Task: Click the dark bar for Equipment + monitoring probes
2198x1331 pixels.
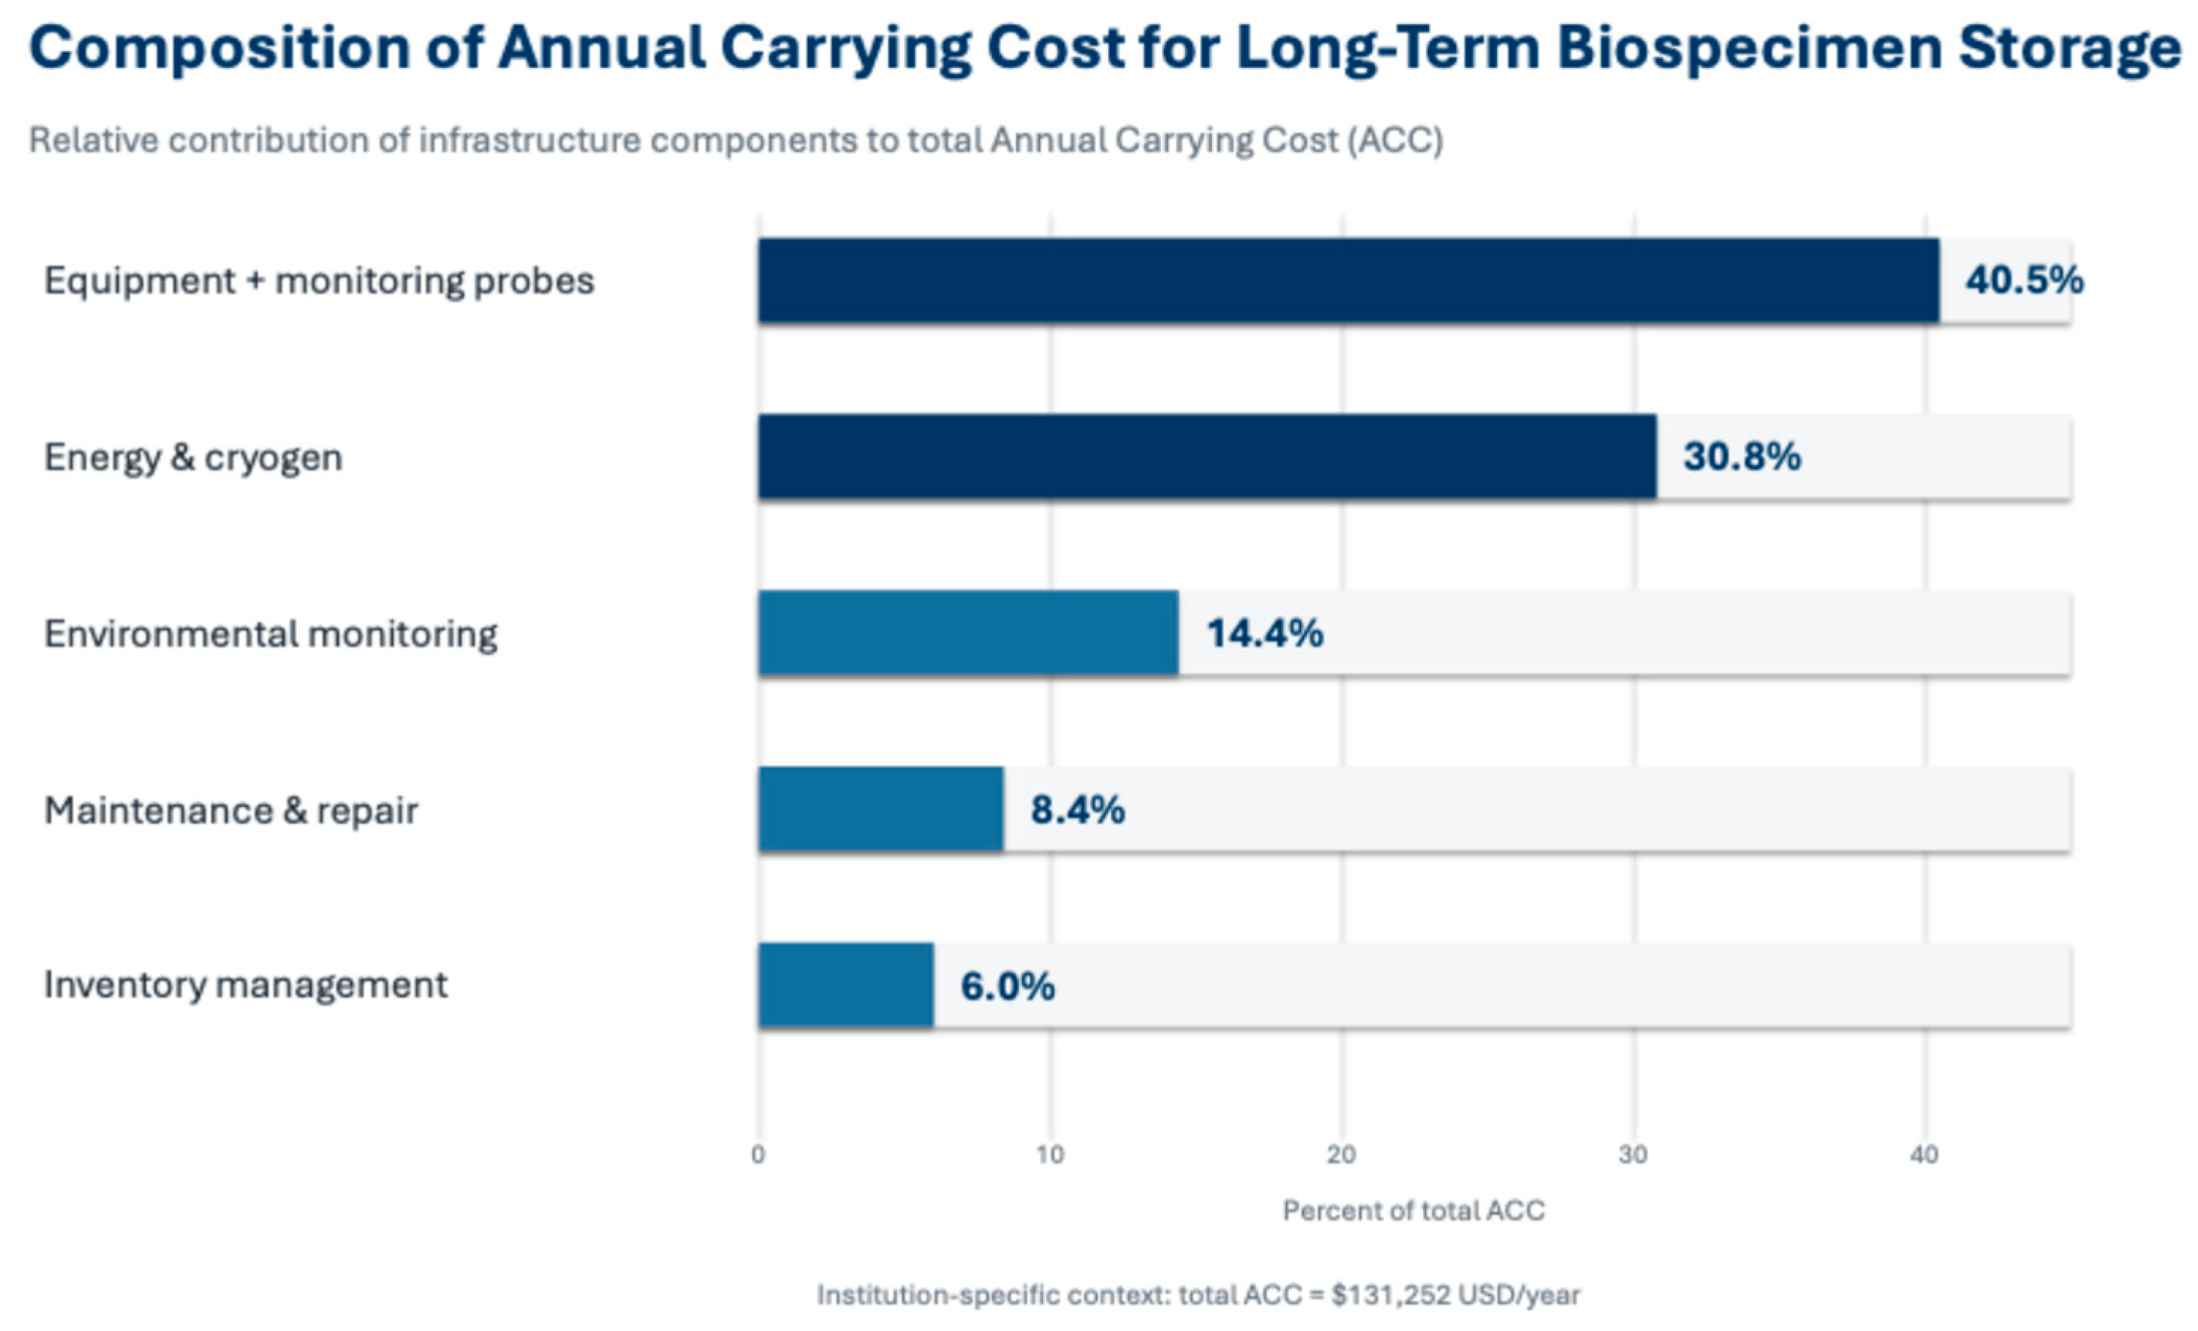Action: tap(1348, 280)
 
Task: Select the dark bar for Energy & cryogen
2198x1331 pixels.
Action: tap(1208, 456)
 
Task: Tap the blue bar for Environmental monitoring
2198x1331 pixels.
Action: tap(968, 632)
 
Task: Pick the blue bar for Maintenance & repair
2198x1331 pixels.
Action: tap(880, 809)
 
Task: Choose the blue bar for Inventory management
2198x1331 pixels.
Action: tap(846, 985)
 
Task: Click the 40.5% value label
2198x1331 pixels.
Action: tap(2024, 280)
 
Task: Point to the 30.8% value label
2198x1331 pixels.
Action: tap(1742, 456)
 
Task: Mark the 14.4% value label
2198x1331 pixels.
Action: tap(1265, 632)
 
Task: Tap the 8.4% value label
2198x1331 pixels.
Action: tap(1078, 809)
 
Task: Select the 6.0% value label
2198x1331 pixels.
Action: tap(1008, 986)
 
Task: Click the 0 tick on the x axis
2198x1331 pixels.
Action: tap(758, 1155)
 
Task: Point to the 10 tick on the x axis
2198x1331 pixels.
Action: tap(1050, 1155)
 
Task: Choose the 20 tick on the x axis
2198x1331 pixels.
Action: tap(1342, 1155)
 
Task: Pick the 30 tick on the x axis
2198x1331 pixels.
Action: tap(1633, 1155)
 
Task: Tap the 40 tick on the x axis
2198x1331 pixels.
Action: tap(1925, 1155)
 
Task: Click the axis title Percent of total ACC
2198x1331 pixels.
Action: tap(1414, 1210)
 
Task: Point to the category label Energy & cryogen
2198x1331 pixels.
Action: tap(194, 457)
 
